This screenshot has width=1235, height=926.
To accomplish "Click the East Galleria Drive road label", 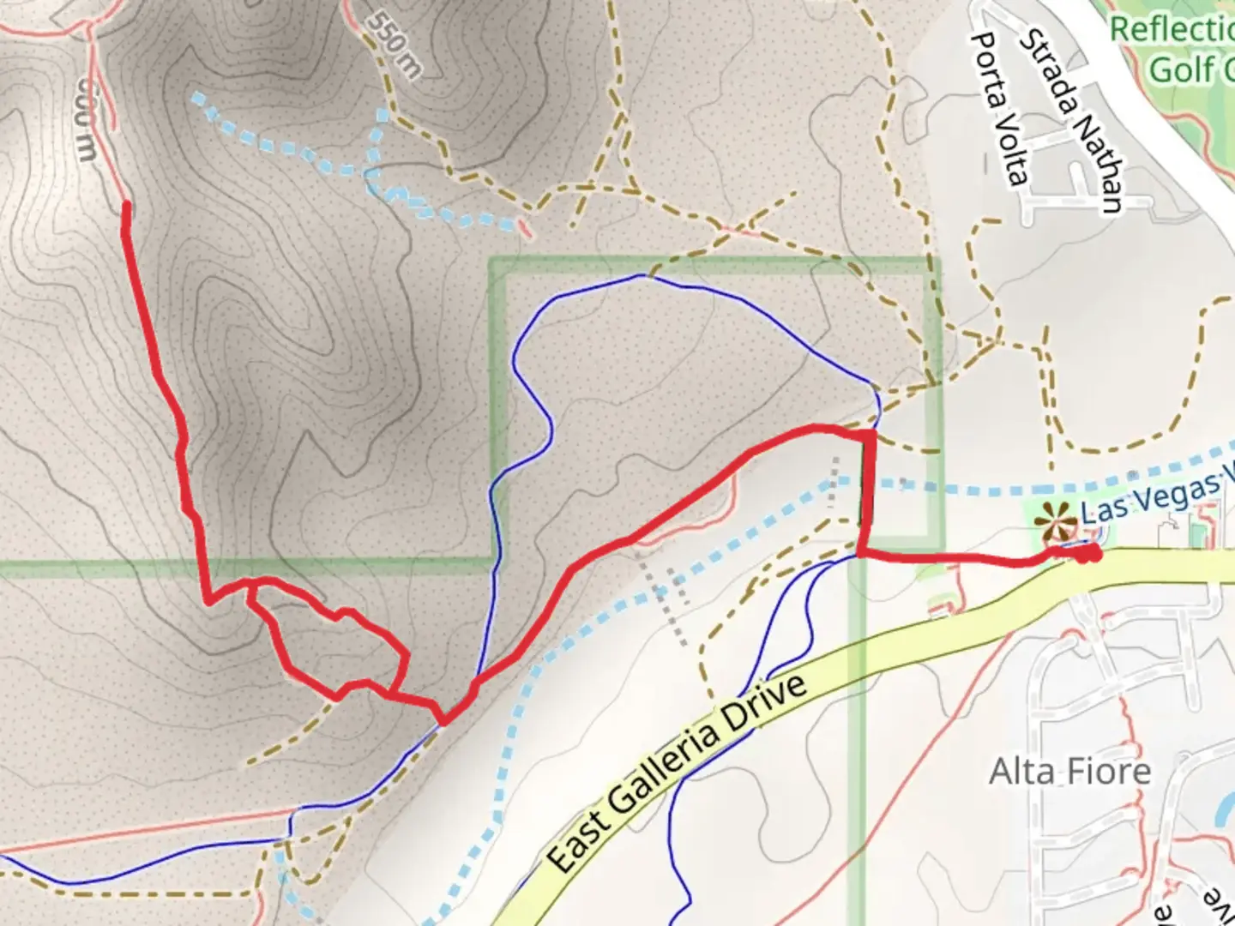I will (x=677, y=772).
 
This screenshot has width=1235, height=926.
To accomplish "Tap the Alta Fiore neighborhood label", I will (x=1069, y=772).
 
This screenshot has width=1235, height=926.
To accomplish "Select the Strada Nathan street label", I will (x=1071, y=120).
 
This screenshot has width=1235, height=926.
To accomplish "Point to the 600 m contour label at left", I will (x=83, y=120).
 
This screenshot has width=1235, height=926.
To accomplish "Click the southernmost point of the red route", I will (x=444, y=721).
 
